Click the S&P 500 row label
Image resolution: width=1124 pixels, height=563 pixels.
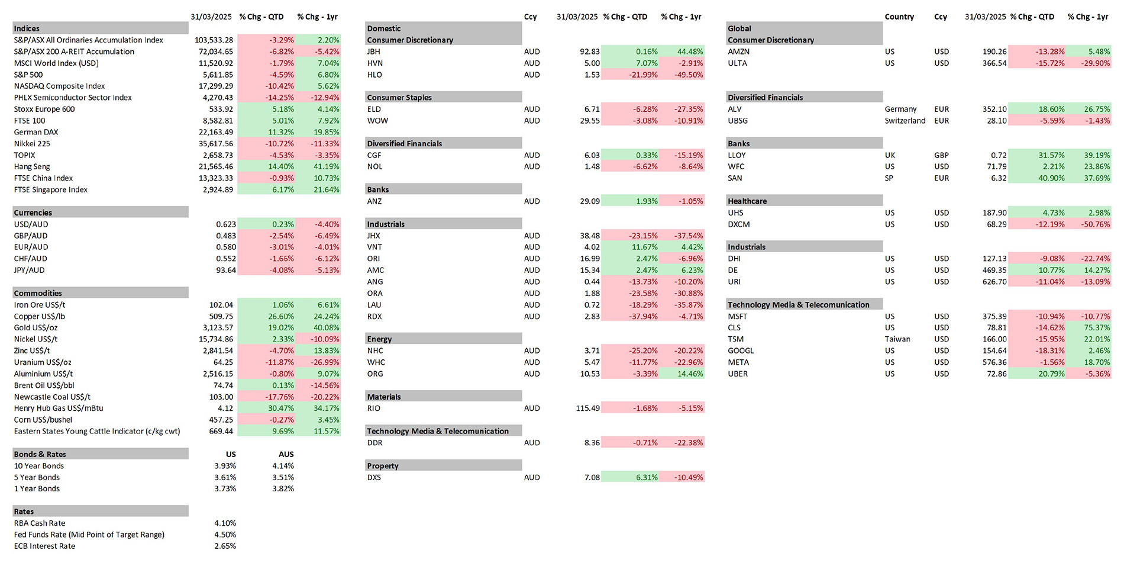[28, 75]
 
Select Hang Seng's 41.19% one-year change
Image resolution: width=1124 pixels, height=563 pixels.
[327, 167]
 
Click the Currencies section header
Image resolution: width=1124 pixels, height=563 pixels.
[33, 213]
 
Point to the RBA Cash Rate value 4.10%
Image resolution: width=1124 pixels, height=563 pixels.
[225, 523]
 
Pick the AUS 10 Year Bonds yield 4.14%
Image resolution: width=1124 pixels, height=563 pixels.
[283, 466]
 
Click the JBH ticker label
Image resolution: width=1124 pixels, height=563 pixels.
[374, 52]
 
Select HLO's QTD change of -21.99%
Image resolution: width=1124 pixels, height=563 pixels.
[643, 75]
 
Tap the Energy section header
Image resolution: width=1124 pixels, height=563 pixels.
[379, 339]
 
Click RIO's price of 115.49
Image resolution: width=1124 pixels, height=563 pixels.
[588, 408]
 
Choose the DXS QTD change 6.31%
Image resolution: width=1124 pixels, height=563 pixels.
[647, 477]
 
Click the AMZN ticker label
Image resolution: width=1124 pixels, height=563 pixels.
[739, 52]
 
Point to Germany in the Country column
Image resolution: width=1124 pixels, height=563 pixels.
[900, 110]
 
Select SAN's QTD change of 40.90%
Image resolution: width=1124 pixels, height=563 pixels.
[1051, 178]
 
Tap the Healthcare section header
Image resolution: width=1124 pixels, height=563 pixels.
[747, 201]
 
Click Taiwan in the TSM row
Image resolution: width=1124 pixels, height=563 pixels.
[897, 339]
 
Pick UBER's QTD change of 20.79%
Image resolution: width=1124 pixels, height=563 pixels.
[1051, 374]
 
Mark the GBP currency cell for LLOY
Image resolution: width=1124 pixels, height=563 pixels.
[942, 155]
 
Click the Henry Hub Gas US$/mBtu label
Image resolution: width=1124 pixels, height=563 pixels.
[59, 408]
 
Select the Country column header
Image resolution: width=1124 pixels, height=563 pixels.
[899, 17]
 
